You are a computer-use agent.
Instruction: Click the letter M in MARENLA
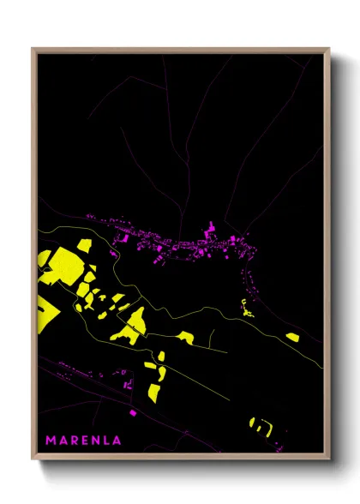point(50,441)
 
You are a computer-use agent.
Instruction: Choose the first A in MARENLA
point(63,441)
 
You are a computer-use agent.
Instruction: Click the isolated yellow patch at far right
point(292,336)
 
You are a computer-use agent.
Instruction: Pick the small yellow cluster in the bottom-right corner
point(260,423)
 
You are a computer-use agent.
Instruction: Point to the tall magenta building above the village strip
point(207,231)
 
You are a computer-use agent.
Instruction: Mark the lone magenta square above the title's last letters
point(133,413)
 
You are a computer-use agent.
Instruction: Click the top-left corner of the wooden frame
point(33,49)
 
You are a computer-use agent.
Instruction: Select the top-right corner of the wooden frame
point(329,49)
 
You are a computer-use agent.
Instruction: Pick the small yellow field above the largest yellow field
point(84,245)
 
